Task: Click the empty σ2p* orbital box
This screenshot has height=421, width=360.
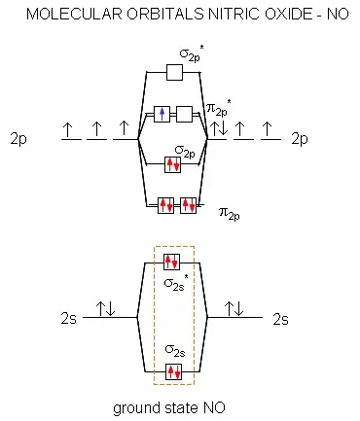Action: click(174, 72)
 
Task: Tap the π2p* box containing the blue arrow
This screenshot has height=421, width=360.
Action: click(162, 114)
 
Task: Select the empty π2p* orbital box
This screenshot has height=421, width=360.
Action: click(184, 114)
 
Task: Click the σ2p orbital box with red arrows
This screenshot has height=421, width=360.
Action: click(172, 164)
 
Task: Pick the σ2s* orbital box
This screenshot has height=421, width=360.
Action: click(171, 262)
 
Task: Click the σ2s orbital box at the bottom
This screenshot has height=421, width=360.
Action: click(173, 371)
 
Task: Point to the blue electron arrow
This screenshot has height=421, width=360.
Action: click(162, 114)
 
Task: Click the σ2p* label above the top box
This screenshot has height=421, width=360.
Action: click(192, 53)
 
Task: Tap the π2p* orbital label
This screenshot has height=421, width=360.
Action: click(219, 109)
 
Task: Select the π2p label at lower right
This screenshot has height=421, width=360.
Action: click(230, 213)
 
